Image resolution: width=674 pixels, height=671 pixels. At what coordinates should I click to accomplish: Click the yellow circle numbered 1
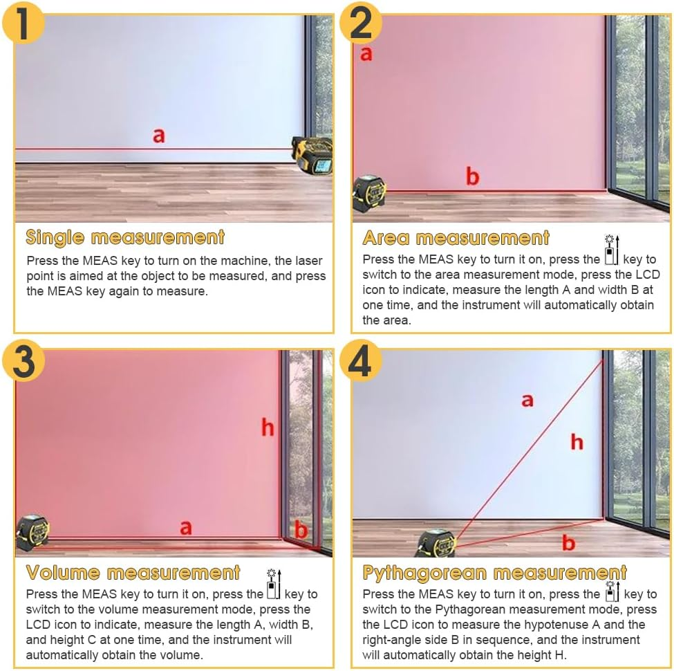24,22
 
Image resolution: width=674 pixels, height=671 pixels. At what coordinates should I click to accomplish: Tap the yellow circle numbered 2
361,22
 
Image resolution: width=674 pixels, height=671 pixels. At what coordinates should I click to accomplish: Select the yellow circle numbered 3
24,360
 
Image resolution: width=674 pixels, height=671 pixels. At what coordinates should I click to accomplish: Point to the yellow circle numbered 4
361,360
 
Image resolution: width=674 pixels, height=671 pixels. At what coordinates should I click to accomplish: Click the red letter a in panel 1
158,136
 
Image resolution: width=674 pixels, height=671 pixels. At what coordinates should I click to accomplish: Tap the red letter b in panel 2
472,176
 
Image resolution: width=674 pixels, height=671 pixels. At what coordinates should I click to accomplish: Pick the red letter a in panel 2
366,54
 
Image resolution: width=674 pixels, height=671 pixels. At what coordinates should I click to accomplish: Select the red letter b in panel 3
301,530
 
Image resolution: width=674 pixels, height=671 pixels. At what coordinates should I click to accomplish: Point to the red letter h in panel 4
577,442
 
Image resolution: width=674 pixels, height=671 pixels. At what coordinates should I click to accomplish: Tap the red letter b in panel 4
568,542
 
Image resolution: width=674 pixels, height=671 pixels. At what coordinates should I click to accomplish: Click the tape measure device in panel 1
312,155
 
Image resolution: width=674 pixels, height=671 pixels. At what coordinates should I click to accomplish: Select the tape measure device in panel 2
369,194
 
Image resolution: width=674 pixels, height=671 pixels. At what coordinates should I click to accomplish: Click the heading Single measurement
125,238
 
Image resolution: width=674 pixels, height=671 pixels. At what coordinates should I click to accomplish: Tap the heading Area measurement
456,238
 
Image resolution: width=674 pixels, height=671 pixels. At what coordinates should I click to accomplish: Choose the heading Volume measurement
133,573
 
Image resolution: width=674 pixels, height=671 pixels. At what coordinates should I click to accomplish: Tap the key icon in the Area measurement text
611,250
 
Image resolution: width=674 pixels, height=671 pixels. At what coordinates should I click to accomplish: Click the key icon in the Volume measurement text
274,584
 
